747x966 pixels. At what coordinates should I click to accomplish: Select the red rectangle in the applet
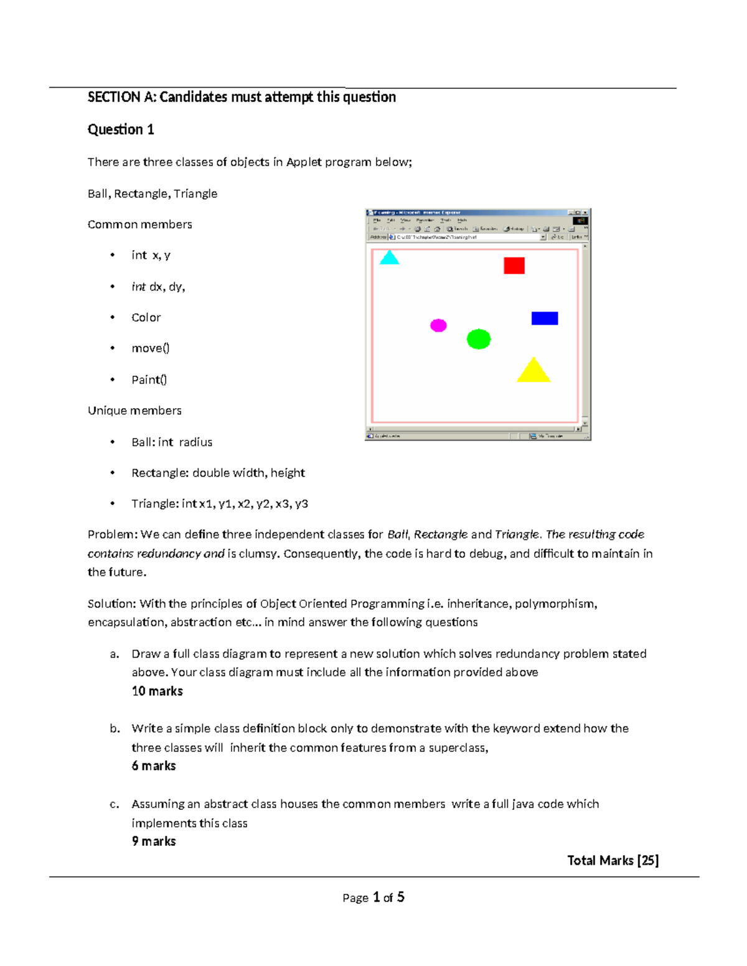[x=514, y=266]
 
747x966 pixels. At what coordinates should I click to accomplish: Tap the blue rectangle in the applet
[x=545, y=318]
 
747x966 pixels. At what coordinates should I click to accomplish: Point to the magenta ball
[x=438, y=325]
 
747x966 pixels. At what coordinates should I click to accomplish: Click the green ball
[x=479, y=339]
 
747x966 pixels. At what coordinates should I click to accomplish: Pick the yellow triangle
[x=533, y=372]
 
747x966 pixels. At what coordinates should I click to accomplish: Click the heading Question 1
[x=121, y=129]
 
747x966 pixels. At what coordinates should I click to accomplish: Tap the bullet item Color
[x=146, y=318]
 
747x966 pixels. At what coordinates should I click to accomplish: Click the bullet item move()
[x=151, y=348]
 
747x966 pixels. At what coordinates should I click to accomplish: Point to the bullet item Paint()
[x=149, y=379]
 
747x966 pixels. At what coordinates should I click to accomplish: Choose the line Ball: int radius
[x=172, y=442]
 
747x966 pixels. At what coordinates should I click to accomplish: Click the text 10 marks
[x=157, y=691]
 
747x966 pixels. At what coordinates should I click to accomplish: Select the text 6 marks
[x=154, y=766]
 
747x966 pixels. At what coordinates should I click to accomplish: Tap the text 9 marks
[x=154, y=841]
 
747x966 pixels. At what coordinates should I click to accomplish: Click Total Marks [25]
[x=613, y=860]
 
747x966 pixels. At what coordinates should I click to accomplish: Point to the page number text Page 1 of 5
[x=373, y=897]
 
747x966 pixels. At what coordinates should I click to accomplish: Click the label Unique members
[x=134, y=411]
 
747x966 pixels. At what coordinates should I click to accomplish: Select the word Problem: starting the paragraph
[x=112, y=534]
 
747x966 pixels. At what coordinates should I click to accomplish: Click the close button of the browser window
[x=585, y=213]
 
